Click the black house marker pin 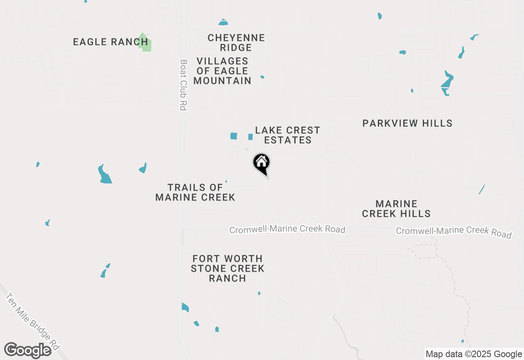click(x=262, y=163)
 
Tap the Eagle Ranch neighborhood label click(x=110, y=42)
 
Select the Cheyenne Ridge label click(x=236, y=43)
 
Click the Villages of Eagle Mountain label click(x=222, y=71)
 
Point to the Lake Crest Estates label click(x=287, y=135)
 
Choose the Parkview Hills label click(x=407, y=123)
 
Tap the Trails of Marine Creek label click(x=195, y=192)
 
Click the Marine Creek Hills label click(x=396, y=209)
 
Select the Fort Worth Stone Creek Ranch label click(x=227, y=268)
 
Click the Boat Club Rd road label click(x=183, y=85)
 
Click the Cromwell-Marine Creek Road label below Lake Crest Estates click(x=287, y=229)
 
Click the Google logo click(x=27, y=350)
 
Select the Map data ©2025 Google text click(x=474, y=354)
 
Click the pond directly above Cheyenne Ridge click(x=223, y=22)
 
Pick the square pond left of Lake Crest click(x=234, y=136)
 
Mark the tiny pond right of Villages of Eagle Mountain click(x=262, y=77)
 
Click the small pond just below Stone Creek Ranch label click(x=259, y=293)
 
